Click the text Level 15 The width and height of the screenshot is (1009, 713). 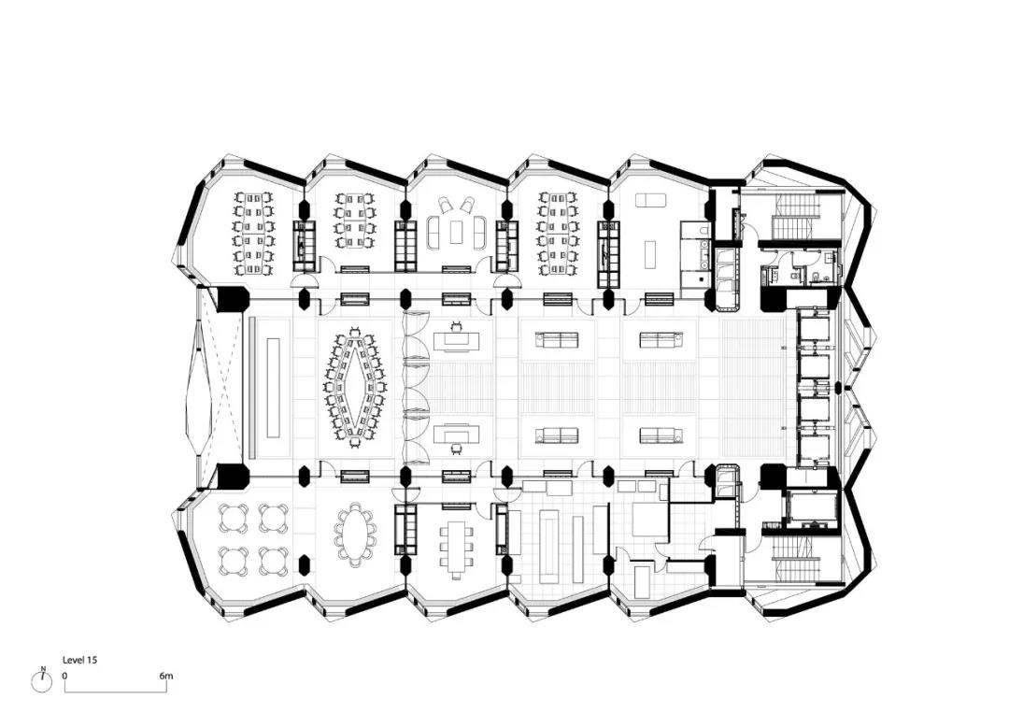pos(79,660)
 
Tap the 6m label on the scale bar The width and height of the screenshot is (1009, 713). pos(166,676)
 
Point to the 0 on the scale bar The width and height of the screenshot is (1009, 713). pos(64,676)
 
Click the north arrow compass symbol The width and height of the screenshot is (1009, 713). pos(42,681)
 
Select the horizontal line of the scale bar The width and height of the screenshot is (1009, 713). pos(115,692)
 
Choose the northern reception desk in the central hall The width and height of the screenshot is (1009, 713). pos(457,340)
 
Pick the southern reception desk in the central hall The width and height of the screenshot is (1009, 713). pos(457,435)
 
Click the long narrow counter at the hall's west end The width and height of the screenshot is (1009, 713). pos(272,387)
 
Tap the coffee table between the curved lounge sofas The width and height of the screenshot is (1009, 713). pos(456,232)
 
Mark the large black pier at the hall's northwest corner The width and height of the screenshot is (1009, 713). pos(233,300)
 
